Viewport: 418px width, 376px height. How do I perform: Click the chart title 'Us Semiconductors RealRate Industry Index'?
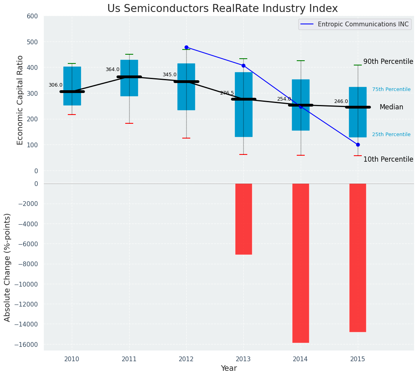223,9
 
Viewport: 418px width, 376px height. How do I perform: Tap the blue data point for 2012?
186,47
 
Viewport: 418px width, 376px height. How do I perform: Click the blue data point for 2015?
358,144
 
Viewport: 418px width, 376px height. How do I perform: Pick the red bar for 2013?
243,219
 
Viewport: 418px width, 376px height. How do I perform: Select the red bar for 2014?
301,263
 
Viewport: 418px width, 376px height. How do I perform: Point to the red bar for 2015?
358,257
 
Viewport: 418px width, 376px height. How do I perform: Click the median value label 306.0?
55,85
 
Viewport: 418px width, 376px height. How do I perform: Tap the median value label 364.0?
112,69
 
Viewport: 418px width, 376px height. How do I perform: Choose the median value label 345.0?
170,75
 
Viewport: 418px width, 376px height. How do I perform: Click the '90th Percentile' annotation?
388,61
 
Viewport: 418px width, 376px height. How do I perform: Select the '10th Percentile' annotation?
388,159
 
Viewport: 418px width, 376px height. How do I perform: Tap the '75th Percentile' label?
391,89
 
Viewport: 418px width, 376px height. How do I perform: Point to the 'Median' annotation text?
391,107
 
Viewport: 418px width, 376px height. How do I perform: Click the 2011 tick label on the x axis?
129,359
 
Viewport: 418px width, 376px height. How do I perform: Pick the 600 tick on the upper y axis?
32,16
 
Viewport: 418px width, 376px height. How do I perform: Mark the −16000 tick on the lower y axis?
26,344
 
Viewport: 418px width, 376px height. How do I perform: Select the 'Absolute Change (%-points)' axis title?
8,267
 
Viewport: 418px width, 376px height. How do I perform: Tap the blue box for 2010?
72,86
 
